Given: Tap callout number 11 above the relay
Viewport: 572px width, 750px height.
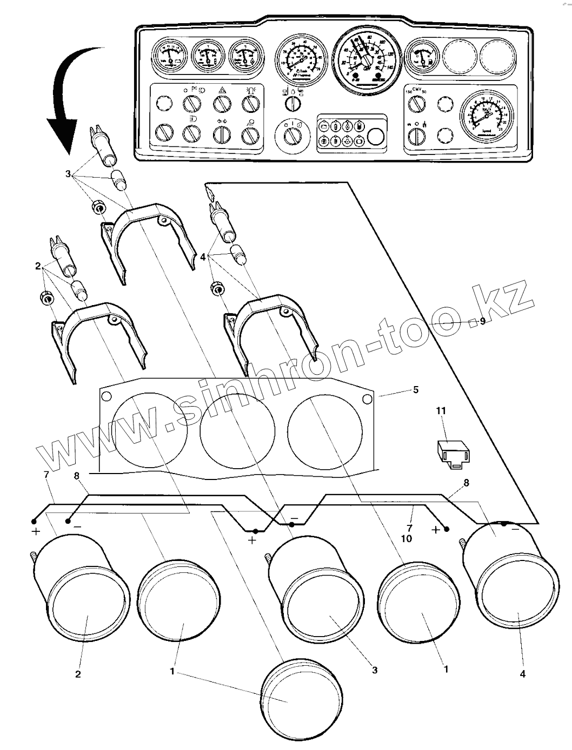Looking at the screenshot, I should (441, 411).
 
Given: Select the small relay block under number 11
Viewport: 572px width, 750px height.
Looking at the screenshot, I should (453, 450).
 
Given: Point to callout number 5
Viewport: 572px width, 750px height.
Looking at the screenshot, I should (416, 389).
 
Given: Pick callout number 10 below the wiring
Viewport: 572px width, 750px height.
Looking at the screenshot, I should (407, 539).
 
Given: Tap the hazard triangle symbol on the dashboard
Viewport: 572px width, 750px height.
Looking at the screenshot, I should (222, 90).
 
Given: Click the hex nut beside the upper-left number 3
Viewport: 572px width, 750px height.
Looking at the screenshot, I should (98, 206).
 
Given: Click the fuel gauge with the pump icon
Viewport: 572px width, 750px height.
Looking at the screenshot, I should (422, 57).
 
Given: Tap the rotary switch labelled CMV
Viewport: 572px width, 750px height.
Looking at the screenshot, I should (415, 104).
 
